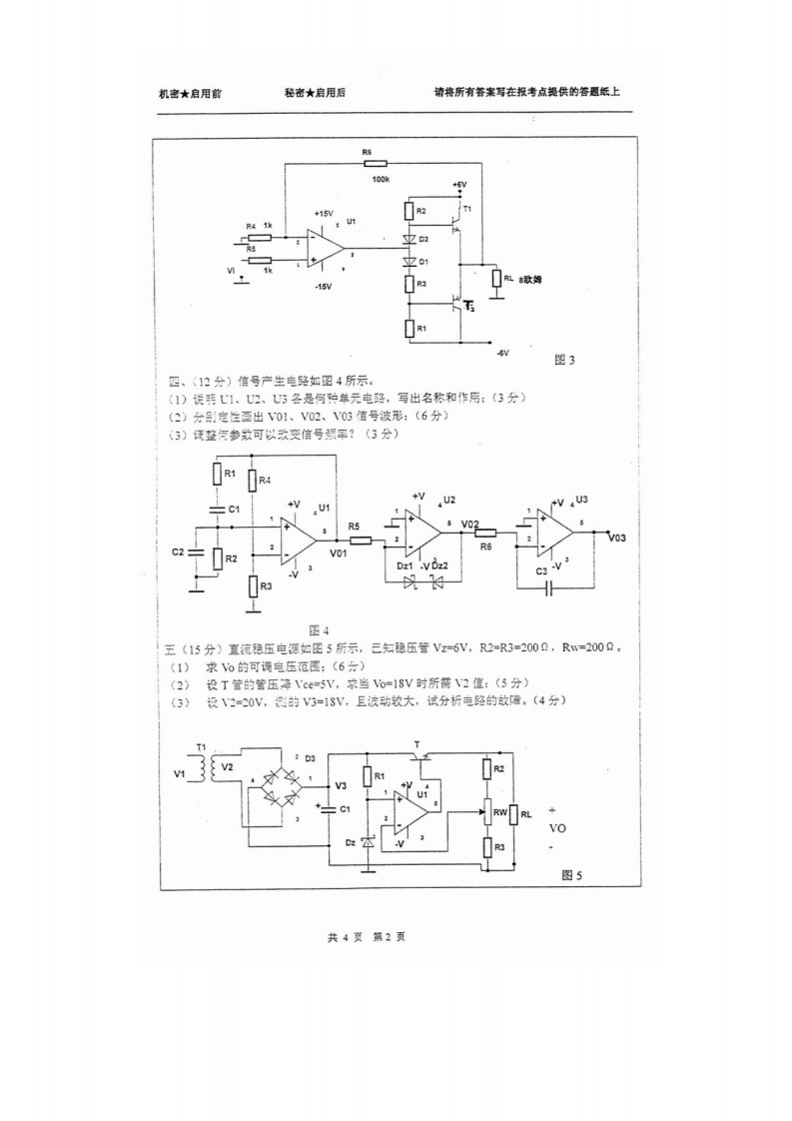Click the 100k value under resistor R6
381,178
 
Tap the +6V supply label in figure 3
458,185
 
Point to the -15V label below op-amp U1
323,286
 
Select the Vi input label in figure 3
233,270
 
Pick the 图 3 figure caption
565,360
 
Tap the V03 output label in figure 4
616,539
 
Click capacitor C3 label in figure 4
540,569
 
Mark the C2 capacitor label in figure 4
178,551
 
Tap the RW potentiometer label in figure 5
501,812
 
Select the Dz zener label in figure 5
350,842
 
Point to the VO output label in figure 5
557,828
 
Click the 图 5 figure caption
571,875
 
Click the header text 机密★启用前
190,93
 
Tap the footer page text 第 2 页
388,937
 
